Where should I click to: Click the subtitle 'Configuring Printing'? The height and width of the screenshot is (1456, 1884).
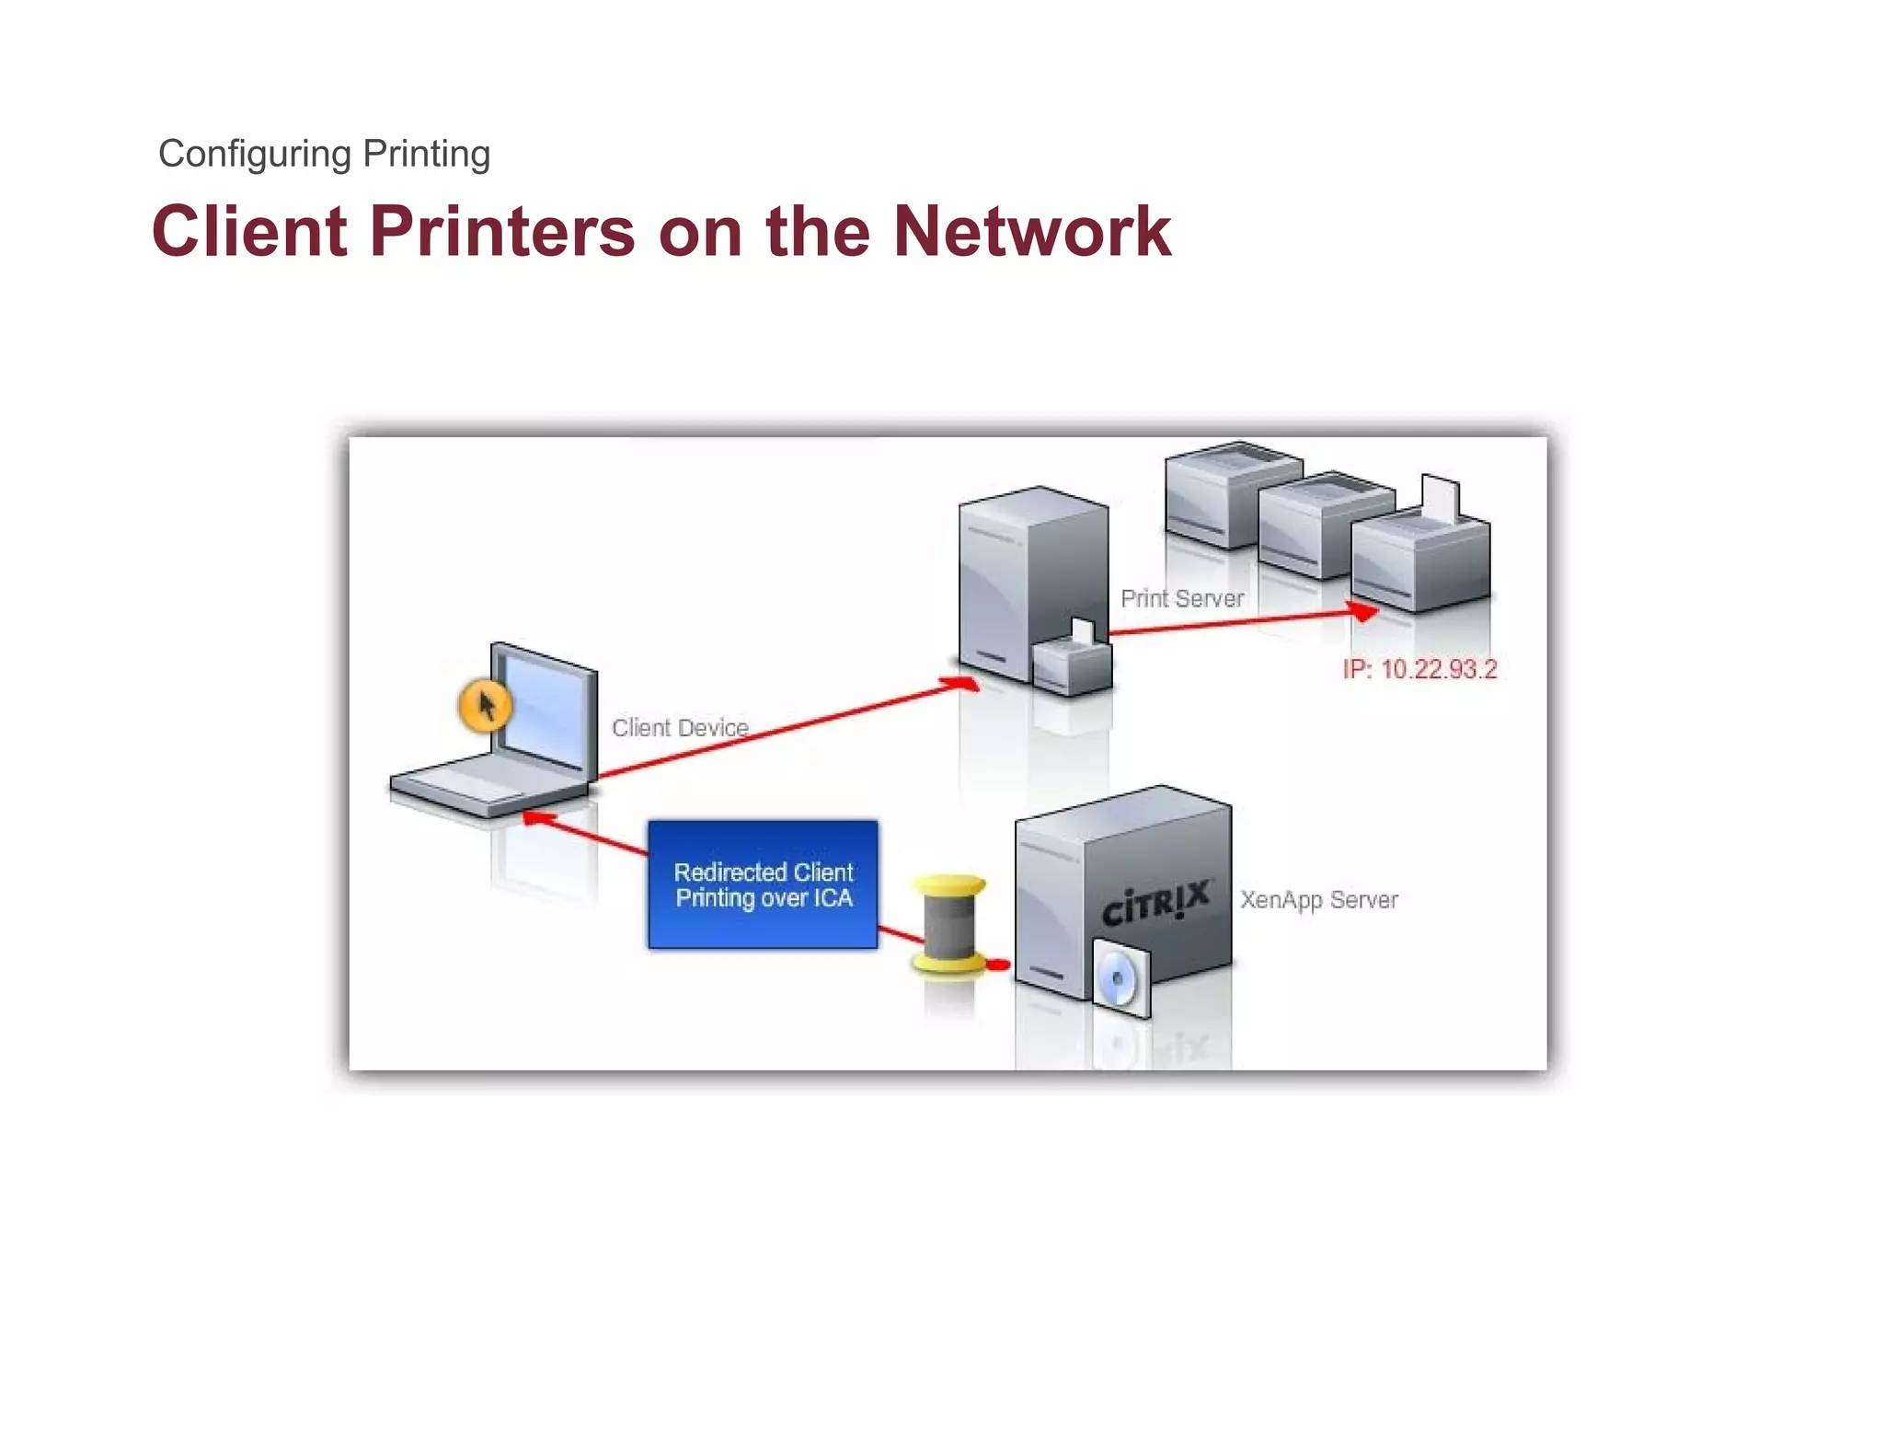pos(324,154)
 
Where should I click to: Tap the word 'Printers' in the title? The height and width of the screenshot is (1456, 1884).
pos(502,231)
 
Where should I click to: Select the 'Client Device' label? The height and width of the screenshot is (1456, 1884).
pos(680,728)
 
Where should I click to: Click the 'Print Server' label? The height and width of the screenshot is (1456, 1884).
pos(1182,599)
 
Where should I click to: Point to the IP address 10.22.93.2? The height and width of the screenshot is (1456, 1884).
pos(1419,669)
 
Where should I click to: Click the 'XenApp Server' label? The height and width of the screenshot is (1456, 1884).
pos(1318,900)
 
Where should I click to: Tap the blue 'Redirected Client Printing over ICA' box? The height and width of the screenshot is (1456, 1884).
pos(763,884)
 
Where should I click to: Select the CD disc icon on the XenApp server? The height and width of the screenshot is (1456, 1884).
pos(1120,979)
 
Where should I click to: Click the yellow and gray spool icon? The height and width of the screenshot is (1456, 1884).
pos(948,924)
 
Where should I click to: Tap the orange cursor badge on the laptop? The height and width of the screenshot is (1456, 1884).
pos(485,706)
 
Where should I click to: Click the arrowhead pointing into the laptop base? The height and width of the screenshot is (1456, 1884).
pos(538,817)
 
